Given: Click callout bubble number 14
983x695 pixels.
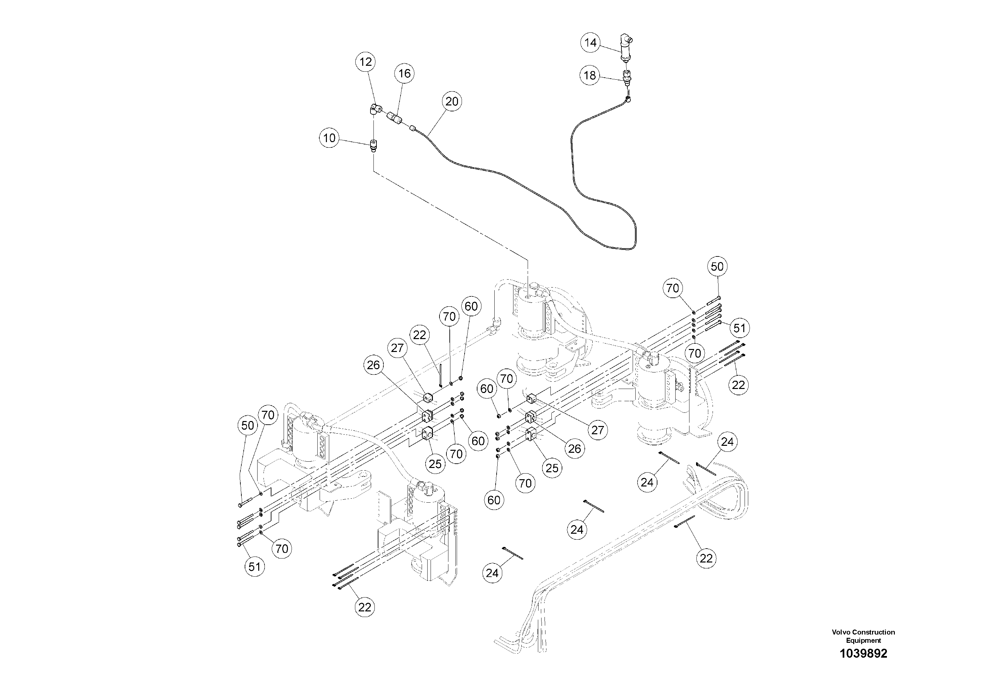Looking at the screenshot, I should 590,43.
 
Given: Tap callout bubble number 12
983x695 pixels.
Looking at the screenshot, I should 366,62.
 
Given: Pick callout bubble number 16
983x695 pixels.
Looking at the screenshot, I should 404,74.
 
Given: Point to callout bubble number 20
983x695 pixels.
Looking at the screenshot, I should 452,101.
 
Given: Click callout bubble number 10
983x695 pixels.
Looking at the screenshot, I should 329,138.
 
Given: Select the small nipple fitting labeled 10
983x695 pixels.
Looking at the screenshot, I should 374,146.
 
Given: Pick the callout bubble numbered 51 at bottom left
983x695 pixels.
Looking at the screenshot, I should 254,567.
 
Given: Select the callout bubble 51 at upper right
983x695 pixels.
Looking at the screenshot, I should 739,328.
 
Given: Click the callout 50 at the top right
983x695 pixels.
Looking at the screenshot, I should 717,266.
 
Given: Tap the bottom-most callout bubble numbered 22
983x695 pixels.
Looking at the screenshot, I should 365,607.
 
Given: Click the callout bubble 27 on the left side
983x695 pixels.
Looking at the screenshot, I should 397,348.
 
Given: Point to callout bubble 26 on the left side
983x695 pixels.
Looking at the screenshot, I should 373,365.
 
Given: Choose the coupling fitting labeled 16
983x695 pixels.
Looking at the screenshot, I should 395,117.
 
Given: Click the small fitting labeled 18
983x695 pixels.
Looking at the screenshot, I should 628,77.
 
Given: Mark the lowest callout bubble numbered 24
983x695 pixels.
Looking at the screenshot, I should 492,573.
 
